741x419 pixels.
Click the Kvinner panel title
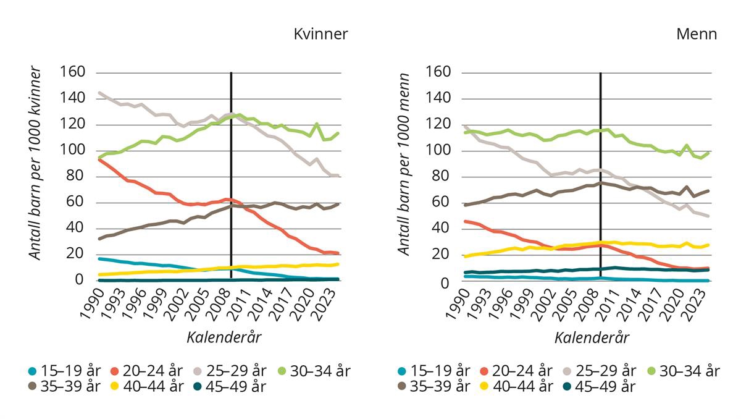(x=320, y=34)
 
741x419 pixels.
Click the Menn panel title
(x=697, y=34)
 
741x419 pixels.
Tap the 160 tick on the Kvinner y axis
(x=72, y=72)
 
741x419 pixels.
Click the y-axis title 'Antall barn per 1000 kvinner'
(x=35, y=163)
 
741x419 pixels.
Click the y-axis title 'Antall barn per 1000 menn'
(x=404, y=163)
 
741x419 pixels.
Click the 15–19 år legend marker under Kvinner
(x=32, y=371)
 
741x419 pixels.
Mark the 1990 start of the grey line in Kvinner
(x=99, y=93)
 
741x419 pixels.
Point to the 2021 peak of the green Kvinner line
(x=317, y=124)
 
